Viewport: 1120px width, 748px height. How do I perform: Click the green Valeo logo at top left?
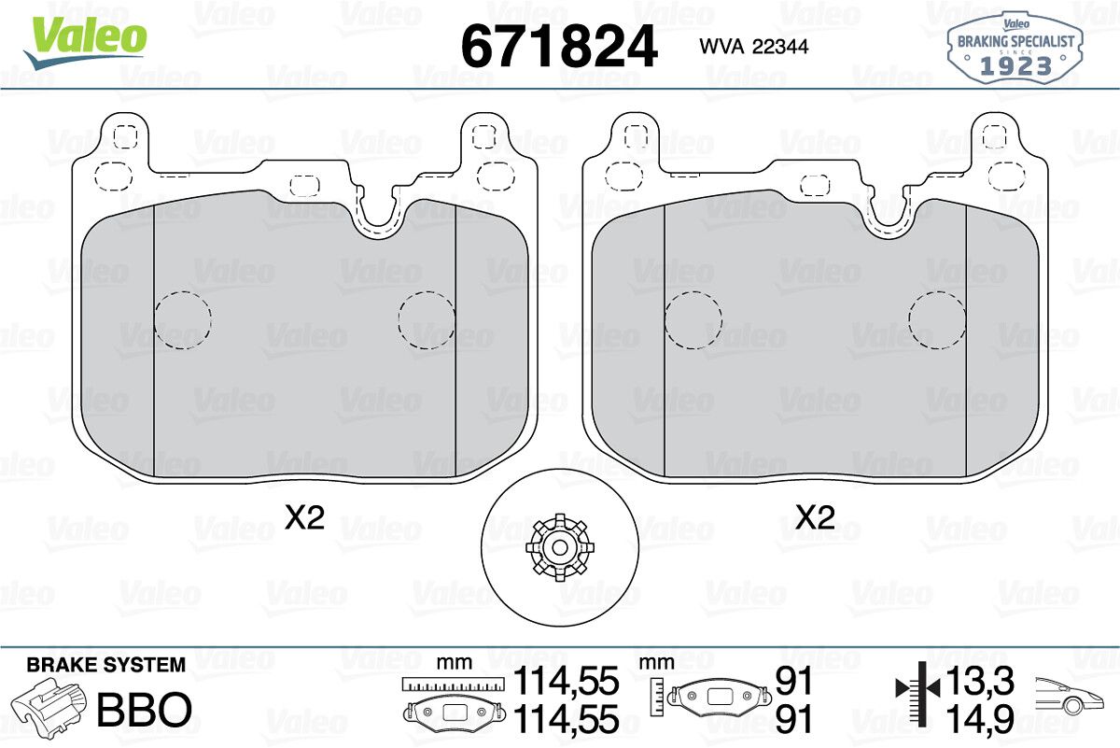tap(85, 43)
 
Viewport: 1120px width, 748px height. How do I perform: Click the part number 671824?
tap(559, 47)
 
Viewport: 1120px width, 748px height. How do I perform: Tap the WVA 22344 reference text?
tap(754, 47)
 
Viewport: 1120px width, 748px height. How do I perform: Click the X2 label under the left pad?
tap(305, 517)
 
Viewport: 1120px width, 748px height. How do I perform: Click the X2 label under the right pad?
tap(815, 517)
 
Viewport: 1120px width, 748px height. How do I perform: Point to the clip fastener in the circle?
tap(559, 547)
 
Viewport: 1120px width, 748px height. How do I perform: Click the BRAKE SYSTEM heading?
tap(106, 665)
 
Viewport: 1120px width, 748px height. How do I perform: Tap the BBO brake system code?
tap(145, 709)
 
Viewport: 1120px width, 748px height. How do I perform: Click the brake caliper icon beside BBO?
tap(49, 705)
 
